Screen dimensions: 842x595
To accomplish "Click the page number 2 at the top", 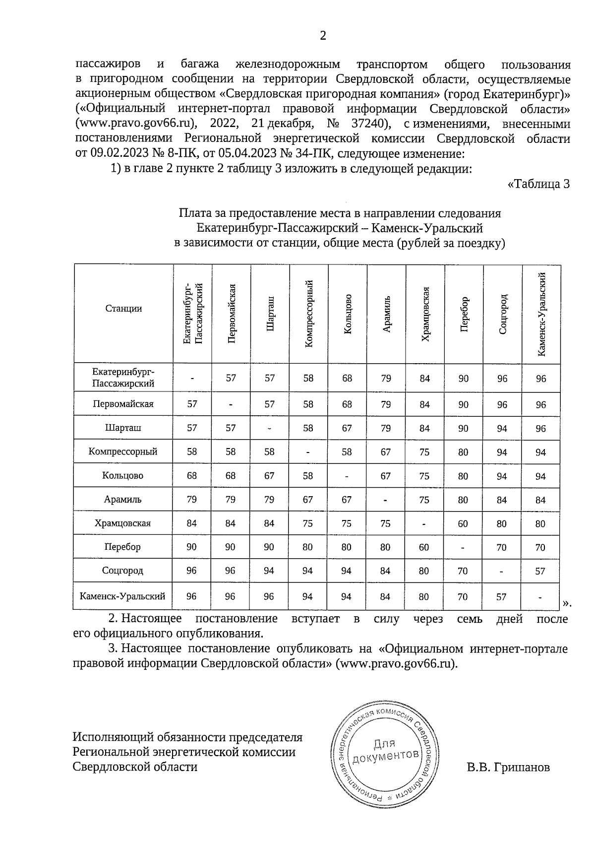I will [323, 36].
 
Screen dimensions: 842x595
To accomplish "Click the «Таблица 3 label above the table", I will [539, 184].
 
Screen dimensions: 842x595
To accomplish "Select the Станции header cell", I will [123, 309].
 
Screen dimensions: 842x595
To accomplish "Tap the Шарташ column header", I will [270, 314].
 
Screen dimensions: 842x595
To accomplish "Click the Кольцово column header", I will [347, 314].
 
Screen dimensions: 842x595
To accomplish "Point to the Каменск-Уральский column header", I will [541, 314].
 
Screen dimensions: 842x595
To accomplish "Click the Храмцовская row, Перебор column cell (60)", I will [463, 523].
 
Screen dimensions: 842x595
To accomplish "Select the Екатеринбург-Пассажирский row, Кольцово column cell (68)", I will [347, 378].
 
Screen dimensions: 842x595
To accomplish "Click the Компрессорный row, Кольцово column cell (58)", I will [347, 452].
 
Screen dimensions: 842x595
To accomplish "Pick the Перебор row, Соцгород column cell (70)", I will [502, 547].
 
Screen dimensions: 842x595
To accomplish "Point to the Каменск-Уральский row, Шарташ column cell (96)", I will [269, 596].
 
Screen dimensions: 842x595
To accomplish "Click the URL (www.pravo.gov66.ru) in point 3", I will [396, 663].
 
